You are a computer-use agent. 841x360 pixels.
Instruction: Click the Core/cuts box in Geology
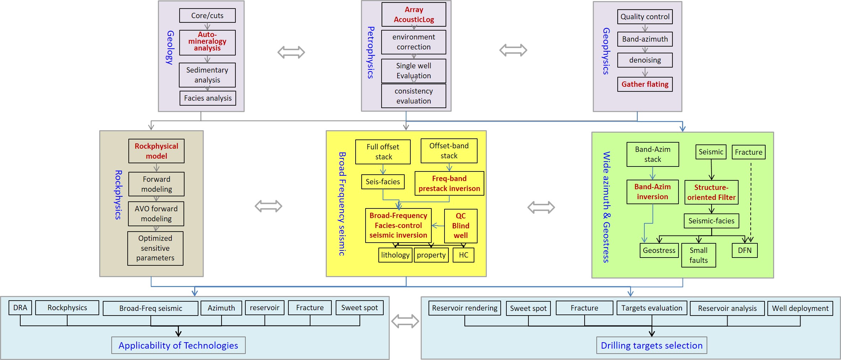(x=207, y=16)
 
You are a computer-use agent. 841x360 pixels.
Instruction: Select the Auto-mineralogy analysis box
(x=207, y=42)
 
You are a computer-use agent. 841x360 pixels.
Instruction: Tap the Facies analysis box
(x=208, y=98)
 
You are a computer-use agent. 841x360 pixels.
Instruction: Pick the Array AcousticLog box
(x=414, y=15)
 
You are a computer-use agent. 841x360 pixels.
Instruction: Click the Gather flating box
(x=645, y=84)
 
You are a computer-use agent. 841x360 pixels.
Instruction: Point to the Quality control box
(x=645, y=17)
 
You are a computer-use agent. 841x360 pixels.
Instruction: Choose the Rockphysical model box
(x=156, y=151)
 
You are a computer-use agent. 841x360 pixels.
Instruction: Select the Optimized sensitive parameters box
(x=155, y=248)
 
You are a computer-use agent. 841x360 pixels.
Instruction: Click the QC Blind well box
(x=461, y=226)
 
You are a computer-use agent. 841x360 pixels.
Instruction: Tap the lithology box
(x=395, y=255)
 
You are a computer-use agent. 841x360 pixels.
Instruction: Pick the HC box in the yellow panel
(x=463, y=255)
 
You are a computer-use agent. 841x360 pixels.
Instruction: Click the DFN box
(x=745, y=250)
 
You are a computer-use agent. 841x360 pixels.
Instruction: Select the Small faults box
(x=699, y=255)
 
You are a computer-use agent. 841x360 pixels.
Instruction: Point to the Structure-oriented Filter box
(x=712, y=192)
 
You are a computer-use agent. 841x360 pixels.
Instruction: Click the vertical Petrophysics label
(x=371, y=53)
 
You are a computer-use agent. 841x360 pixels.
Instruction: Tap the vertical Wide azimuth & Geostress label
(x=606, y=207)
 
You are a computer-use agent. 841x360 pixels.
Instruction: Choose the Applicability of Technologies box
(x=179, y=345)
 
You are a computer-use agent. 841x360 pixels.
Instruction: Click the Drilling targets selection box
(x=652, y=345)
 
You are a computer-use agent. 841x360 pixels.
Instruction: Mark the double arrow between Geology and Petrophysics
(x=291, y=52)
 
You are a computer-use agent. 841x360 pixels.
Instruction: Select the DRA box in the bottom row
(x=20, y=308)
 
